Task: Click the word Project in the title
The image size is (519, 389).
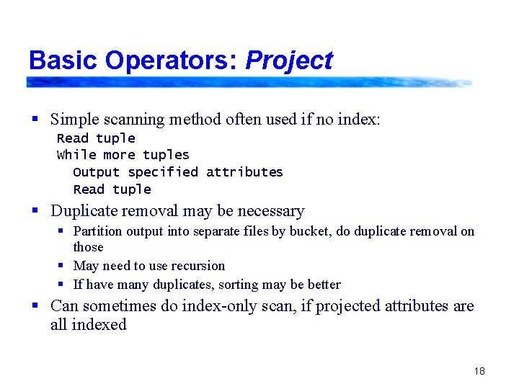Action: (288, 61)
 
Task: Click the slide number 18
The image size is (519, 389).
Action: (479, 371)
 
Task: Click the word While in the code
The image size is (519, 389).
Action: (76, 155)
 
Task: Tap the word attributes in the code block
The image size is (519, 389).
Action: (244, 172)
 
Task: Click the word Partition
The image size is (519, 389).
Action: (98, 231)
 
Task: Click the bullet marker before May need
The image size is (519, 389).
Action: (63, 266)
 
